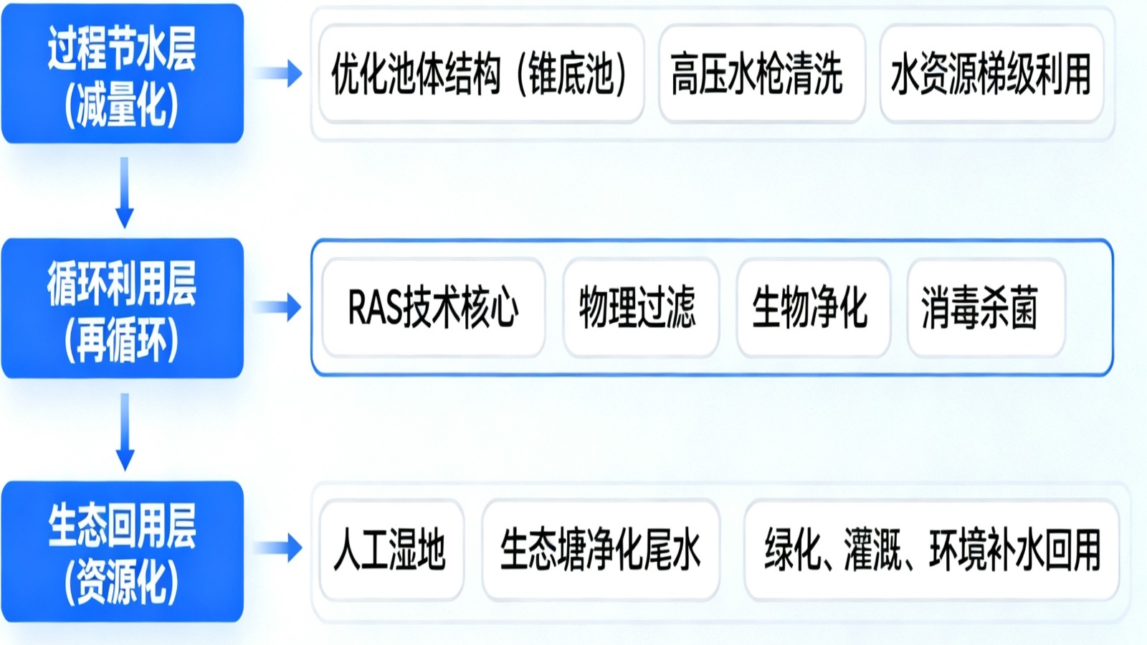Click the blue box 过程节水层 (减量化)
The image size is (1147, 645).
click(123, 74)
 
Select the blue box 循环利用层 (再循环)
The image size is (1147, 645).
click(123, 309)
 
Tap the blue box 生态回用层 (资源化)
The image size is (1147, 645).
click(123, 551)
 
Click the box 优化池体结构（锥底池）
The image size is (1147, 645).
click(480, 74)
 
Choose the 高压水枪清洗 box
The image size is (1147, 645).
click(761, 74)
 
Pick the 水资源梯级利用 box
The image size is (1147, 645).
click(991, 74)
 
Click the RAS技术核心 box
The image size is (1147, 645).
click(433, 308)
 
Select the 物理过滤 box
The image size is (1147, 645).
click(640, 308)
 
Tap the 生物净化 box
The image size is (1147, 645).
click(813, 308)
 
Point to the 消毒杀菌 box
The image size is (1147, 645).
click(985, 308)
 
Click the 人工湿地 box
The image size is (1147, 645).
click(391, 550)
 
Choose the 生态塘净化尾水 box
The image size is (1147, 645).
click(601, 550)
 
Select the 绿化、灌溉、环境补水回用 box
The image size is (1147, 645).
click(931, 550)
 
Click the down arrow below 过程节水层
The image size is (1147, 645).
click(125, 192)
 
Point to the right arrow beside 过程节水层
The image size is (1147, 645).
click(280, 73)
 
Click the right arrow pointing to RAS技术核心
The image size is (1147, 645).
click(280, 308)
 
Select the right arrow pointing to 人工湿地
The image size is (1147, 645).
click(280, 549)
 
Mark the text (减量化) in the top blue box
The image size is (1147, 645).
click(122, 105)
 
